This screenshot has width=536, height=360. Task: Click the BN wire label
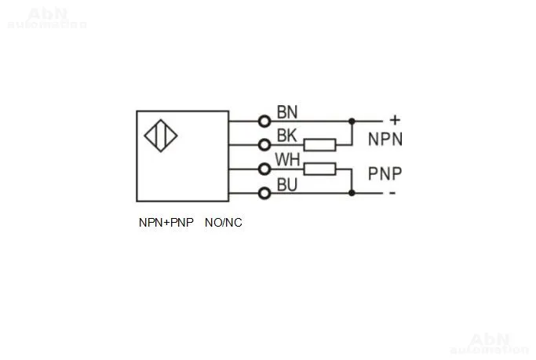(x=286, y=111)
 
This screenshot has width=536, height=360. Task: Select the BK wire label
(x=286, y=135)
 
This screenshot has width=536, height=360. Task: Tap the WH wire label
(x=287, y=160)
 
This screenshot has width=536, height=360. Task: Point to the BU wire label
(x=286, y=184)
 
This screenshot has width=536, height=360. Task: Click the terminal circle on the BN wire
(x=264, y=121)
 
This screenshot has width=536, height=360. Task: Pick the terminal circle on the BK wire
(x=264, y=144)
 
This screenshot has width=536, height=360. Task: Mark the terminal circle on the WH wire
(x=264, y=169)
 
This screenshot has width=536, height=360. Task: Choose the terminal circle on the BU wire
(x=264, y=193)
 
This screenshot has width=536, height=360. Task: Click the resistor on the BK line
(x=320, y=144)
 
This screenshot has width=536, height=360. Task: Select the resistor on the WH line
(x=320, y=169)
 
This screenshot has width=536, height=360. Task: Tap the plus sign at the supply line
(x=395, y=120)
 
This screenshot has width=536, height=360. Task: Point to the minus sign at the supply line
(x=392, y=193)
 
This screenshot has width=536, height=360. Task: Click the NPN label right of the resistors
(x=385, y=140)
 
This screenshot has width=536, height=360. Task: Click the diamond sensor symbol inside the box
(x=161, y=135)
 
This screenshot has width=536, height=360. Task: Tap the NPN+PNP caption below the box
(x=166, y=223)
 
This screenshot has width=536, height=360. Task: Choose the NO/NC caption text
(x=224, y=223)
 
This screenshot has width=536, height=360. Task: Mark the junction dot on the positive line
(x=352, y=121)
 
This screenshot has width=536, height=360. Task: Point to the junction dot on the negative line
(x=352, y=193)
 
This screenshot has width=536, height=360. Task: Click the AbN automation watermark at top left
(x=47, y=18)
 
